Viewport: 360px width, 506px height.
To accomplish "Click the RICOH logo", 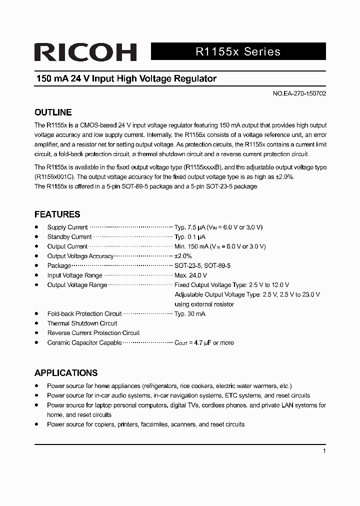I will pos(85,52).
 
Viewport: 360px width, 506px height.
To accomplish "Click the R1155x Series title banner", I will pos(238,51).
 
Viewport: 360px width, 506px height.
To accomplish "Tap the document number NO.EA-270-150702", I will pos(299,93).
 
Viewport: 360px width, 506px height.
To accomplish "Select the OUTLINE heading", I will pos(53,112).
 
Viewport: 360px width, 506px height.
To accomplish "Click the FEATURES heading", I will pos(57,214).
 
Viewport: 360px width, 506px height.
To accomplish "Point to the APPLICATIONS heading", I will pos(65,373).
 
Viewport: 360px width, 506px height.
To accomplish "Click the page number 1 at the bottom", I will pos(324,451).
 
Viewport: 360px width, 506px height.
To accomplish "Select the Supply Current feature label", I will pos(67,227).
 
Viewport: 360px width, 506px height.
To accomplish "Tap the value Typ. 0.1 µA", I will pos(190,237).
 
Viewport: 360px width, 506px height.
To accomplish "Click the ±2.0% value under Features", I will pos(183,256).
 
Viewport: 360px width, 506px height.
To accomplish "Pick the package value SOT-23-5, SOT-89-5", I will pos(202,266).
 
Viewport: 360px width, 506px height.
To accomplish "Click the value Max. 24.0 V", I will pos(190,275).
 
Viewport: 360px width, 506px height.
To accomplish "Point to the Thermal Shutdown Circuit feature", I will pos(82,323).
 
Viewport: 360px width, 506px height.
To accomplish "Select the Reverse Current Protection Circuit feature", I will pos(93,333).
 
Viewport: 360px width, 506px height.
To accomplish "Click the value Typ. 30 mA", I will pos(190,314).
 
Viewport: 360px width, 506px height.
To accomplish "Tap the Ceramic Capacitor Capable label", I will pos(84,343).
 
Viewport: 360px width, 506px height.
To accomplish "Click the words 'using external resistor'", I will pos(204,304).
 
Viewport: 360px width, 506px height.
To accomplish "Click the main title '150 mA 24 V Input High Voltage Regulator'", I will pos(126,79).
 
